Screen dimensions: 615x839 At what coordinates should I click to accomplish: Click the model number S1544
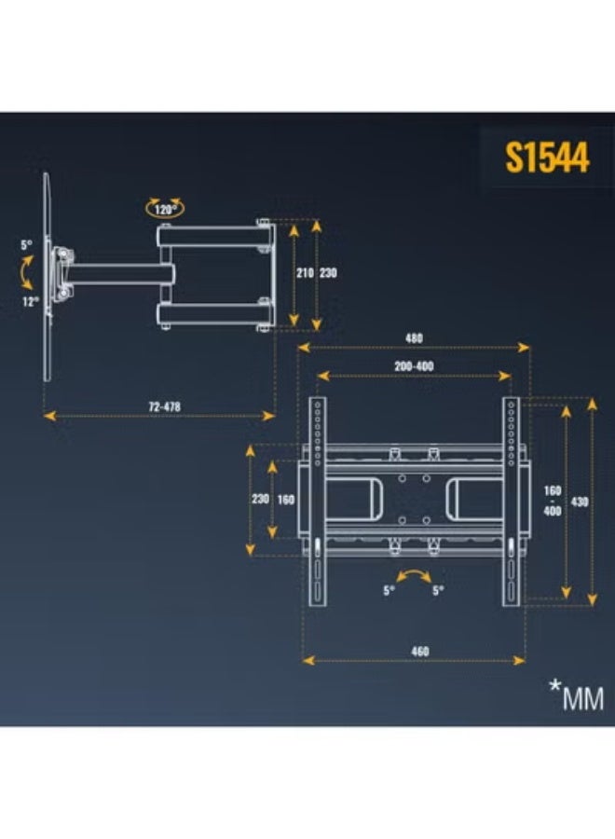pyautogui.click(x=547, y=157)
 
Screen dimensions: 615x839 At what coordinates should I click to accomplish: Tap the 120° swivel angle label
pyautogui.click(x=165, y=209)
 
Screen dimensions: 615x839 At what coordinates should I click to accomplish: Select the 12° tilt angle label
pyautogui.click(x=31, y=302)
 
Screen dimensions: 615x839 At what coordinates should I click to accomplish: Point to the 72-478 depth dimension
pyautogui.click(x=164, y=406)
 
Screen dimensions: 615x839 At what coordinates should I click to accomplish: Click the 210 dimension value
pyautogui.click(x=305, y=273)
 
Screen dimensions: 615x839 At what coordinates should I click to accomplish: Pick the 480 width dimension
pyautogui.click(x=414, y=338)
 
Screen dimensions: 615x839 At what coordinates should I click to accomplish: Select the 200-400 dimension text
pyautogui.click(x=414, y=366)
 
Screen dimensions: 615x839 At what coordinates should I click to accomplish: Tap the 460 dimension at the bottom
pyautogui.click(x=420, y=652)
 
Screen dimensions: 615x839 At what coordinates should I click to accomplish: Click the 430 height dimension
pyautogui.click(x=580, y=502)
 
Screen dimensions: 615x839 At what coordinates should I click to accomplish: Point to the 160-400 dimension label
pyautogui.click(x=553, y=501)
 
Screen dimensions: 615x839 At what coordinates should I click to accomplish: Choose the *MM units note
pyautogui.click(x=577, y=696)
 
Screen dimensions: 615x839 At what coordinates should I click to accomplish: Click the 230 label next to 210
pyautogui.click(x=328, y=273)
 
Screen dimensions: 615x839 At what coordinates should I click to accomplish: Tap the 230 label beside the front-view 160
pyautogui.click(x=260, y=500)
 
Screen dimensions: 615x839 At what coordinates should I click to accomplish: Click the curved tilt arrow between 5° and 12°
pyautogui.click(x=25, y=273)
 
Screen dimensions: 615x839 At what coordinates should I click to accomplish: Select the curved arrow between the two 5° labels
pyautogui.click(x=414, y=574)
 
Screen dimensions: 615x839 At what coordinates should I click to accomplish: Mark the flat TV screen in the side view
pyautogui.click(x=47, y=277)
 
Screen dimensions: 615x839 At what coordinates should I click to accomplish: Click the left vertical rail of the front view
pyautogui.click(x=318, y=502)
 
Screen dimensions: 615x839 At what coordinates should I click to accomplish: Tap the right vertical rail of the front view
pyautogui.click(x=512, y=502)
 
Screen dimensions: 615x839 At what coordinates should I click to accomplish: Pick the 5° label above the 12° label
pyautogui.click(x=26, y=245)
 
